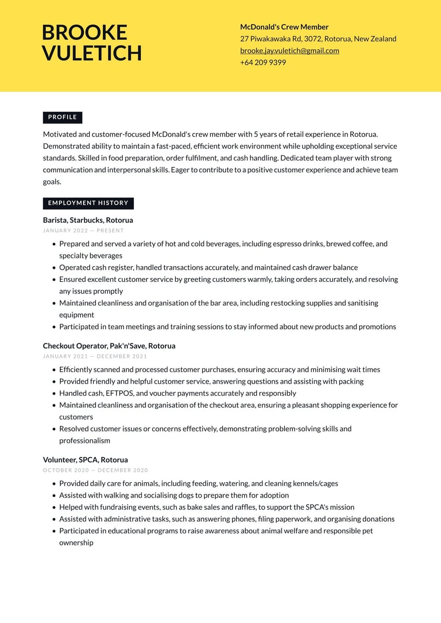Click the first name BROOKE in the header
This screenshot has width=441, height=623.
click(84, 33)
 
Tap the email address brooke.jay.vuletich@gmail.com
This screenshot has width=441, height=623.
click(289, 50)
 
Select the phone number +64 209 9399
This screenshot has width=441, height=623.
click(263, 62)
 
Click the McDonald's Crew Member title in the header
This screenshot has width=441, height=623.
click(284, 27)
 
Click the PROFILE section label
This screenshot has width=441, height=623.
click(62, 117)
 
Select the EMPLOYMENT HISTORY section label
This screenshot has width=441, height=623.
click(88, 203)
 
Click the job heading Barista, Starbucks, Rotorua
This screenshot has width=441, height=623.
click(88, 220)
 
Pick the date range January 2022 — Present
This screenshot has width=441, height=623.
click(83, 230)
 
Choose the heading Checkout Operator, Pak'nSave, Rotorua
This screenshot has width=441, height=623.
click(109, 346)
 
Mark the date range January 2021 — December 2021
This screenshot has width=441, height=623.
click(95, 356)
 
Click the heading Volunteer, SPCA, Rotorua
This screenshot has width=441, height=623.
click(85, 460)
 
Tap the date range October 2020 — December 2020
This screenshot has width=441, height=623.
click(96, 470)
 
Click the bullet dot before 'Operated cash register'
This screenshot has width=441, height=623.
click(54, 268)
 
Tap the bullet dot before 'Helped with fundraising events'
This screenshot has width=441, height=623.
click(54, 508)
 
